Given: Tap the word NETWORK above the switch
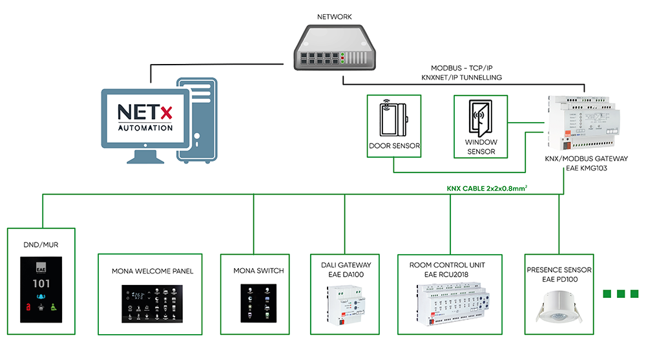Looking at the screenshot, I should pos(335,17).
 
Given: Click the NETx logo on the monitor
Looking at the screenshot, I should pos(145,112).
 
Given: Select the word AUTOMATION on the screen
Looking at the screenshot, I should pos(145,127).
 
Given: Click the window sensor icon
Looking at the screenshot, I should pos(479,120).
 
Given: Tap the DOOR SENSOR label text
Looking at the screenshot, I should pos(394,146).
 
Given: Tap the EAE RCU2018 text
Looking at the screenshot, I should pos(446,275).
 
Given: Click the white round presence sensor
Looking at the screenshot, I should pos(558,305).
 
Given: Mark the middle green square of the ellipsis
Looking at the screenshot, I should pos(621,294).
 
